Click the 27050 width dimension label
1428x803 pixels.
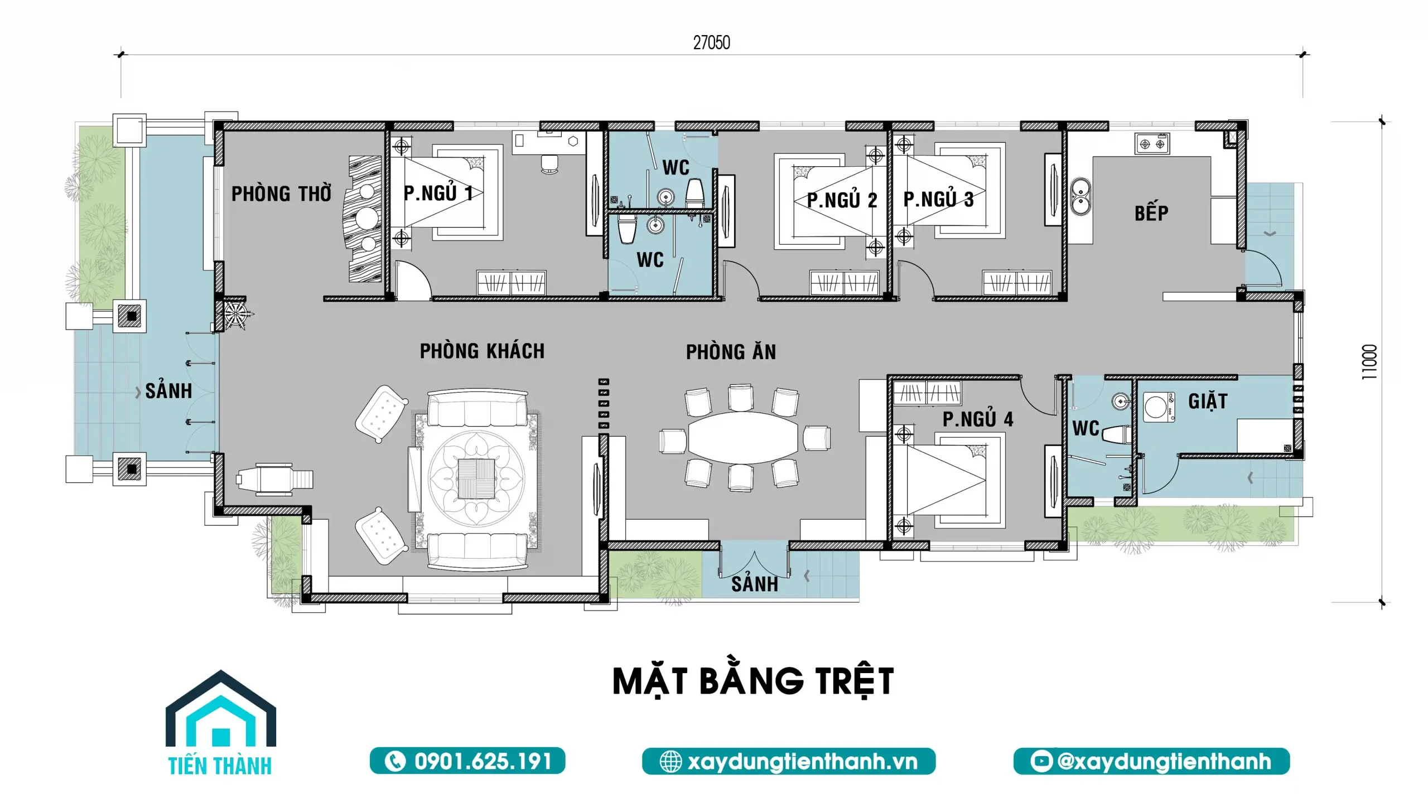[711, 43]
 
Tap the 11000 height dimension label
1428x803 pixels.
[1369, 362]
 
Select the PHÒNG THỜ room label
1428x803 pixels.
[281, 194]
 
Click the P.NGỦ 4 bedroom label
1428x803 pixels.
[978, 419]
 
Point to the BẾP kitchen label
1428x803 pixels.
[1151, 213]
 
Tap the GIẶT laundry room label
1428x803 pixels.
[1208, 401]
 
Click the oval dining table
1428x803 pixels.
[744, 438]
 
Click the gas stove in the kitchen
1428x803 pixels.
[1152, 144]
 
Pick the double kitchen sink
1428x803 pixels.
[1080, 197]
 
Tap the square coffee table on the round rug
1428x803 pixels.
[476, 478]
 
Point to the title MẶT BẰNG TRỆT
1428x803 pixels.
[753, 681]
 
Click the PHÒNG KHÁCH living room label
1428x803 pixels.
[482, 351]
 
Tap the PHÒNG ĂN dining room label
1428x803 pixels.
[731, 352]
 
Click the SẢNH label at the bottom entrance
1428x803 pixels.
[754, 584]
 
